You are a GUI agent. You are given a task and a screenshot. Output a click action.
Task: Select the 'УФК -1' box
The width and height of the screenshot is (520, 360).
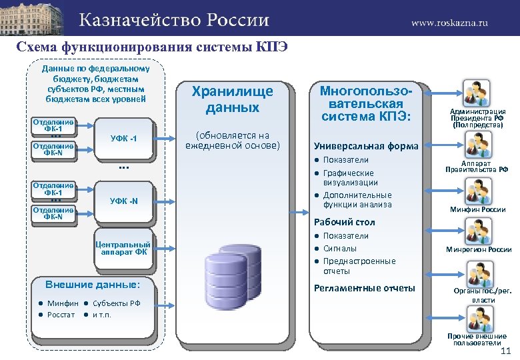123,138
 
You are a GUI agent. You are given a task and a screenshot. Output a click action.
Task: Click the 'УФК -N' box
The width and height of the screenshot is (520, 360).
124,201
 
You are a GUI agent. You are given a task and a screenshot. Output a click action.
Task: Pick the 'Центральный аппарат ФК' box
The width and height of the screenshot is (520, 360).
123,247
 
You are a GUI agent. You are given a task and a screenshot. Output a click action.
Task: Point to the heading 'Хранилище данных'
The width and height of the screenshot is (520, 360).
232,99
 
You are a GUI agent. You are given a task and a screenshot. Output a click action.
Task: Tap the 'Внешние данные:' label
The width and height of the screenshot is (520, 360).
92,285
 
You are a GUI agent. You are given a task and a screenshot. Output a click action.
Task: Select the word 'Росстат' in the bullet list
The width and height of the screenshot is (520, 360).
61,315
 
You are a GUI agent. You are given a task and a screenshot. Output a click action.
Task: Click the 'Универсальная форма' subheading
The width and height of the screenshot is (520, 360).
366,146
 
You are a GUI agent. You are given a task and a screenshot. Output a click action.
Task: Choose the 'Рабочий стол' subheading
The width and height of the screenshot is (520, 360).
344,222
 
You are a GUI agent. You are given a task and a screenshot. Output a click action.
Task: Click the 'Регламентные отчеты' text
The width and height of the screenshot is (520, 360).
364,288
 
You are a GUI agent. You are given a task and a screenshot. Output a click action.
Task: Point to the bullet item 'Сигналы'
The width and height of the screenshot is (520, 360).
340,248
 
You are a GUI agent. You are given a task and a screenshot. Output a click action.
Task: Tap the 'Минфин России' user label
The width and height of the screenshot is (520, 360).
477,209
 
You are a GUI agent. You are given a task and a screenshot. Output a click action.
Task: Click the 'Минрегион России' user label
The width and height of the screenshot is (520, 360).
478,249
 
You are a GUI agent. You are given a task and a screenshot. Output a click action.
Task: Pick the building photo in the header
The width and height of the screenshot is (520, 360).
33,18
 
